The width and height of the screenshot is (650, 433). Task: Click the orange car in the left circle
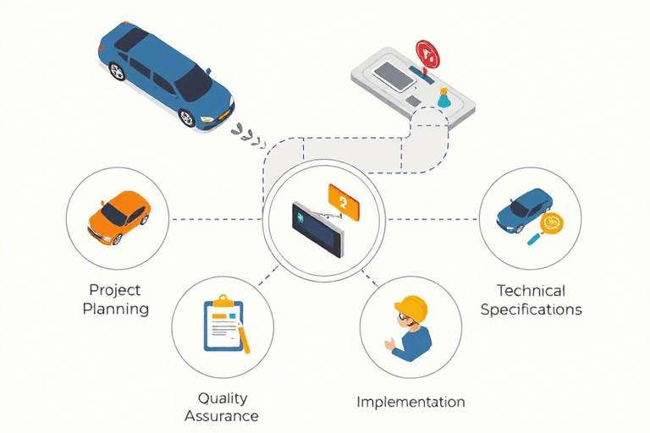[118, 217]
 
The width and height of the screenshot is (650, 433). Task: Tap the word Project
[115, 290]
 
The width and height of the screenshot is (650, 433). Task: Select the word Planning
[116, 310]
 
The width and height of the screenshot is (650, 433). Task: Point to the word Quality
[223, 398]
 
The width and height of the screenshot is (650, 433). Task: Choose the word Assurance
[222, 415]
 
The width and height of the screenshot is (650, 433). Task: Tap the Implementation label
[410, 402]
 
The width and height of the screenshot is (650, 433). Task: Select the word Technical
[531, 291]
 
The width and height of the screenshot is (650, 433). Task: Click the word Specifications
[531, 310]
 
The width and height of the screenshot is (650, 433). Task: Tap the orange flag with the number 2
[344, 203]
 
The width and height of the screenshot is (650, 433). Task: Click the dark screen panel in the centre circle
[318, 229]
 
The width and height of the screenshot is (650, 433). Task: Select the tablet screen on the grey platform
[394, 77]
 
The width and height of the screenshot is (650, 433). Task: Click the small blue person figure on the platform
[443, 98]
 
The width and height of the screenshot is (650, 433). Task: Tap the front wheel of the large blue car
[187, 118]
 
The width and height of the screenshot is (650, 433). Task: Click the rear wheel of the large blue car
[117, 71]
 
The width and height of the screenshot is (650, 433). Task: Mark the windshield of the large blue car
[194, 83]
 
